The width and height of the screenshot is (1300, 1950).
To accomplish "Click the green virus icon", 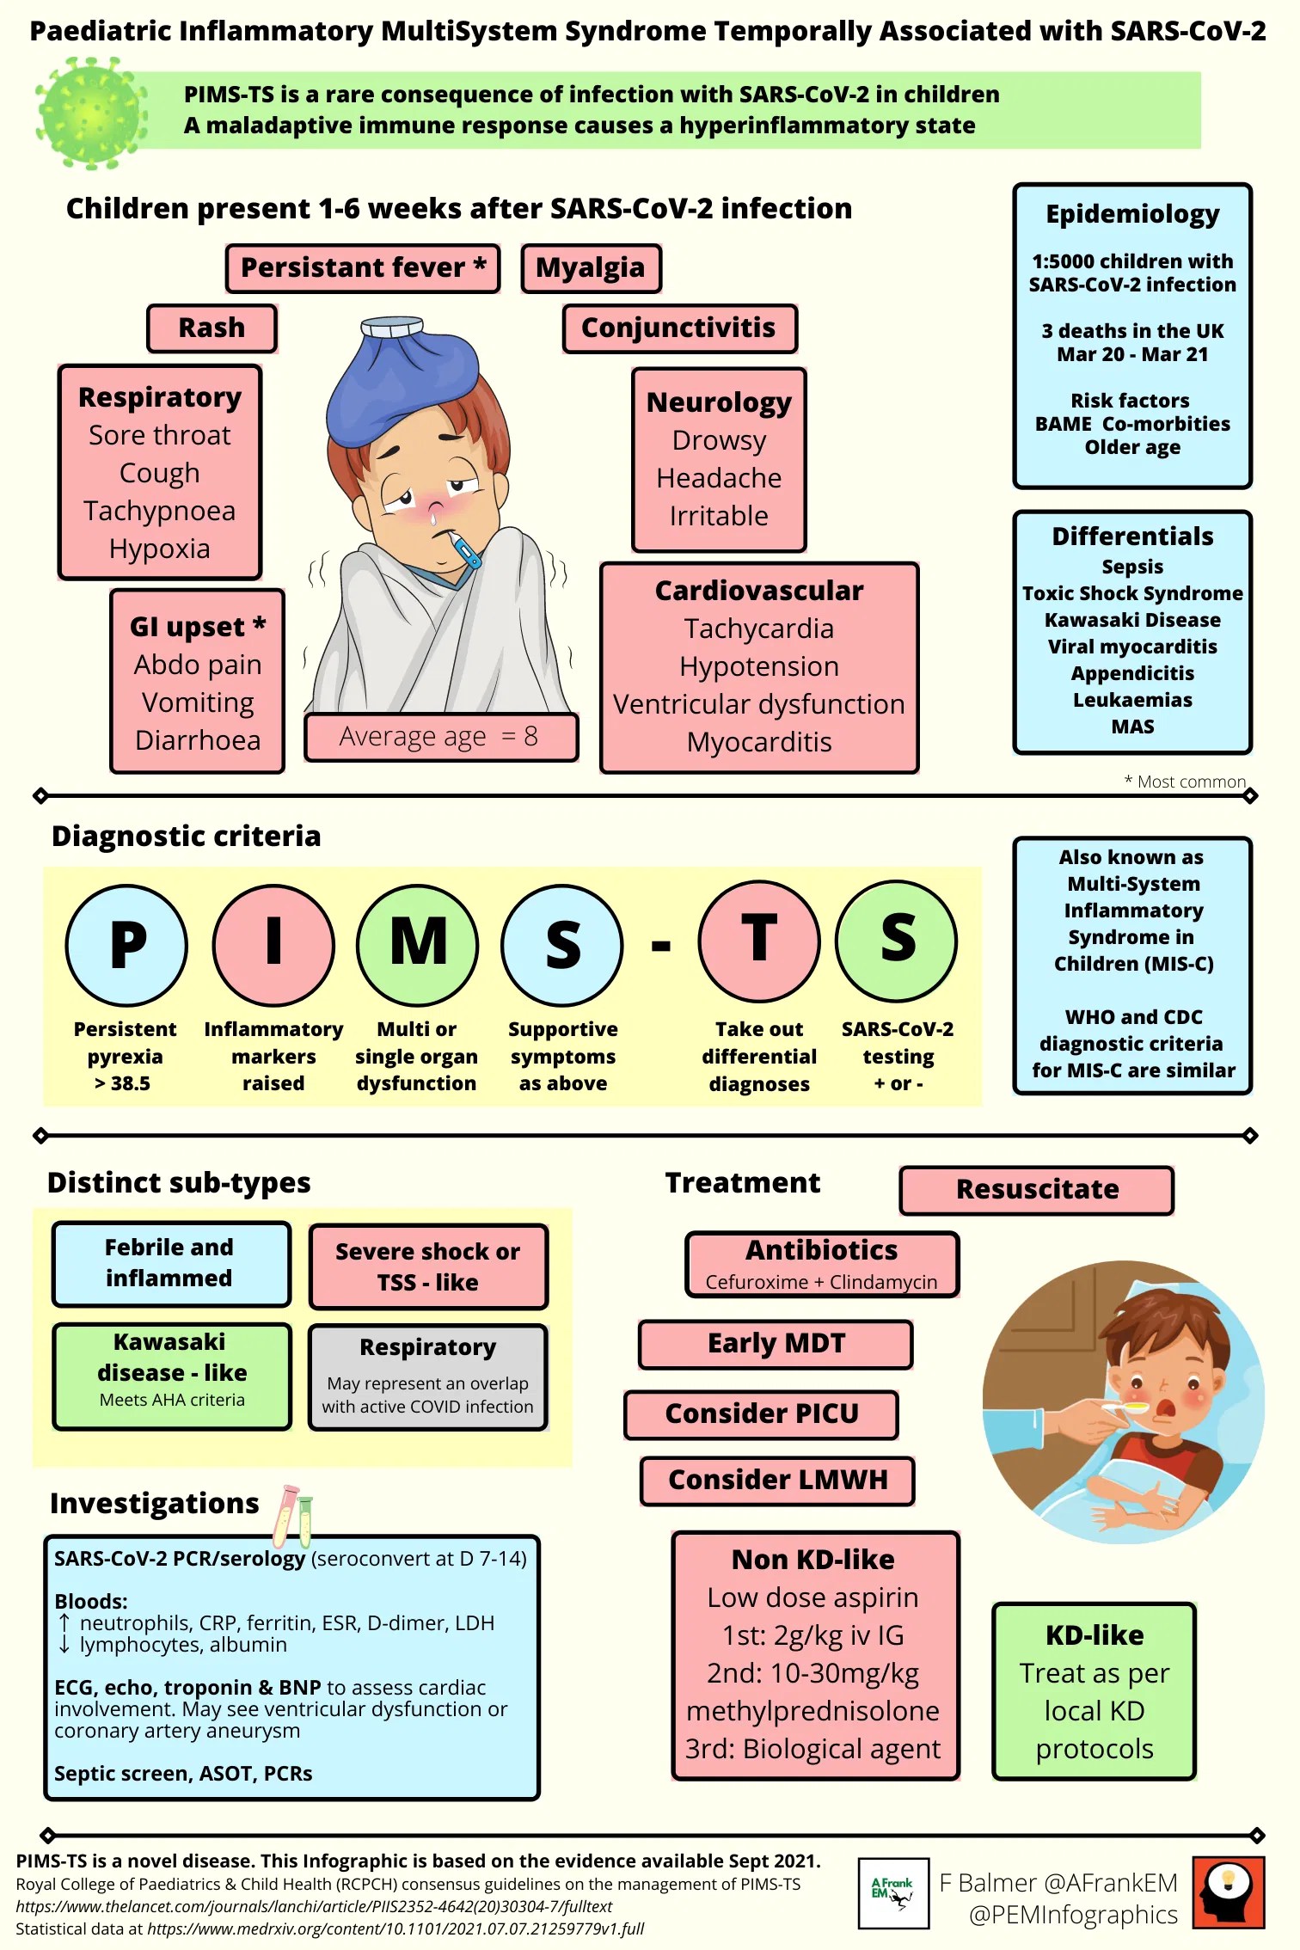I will (x=91, y=111).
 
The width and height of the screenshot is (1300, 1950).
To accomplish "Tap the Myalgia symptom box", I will (x=591, y=268).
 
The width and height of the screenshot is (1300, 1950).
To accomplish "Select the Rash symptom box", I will (x=212, y=328).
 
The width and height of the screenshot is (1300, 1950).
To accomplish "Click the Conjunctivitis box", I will (x=678, y=328).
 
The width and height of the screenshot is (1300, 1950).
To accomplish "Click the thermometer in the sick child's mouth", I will (x=463, y=550).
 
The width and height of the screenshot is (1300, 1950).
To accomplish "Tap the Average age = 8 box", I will (x=440, y=737).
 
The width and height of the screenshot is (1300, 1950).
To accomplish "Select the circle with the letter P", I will (x=126, y=944).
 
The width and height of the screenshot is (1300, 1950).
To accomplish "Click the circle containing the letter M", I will (x=417, y=944).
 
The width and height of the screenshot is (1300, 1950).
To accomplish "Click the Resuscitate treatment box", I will (x=1036, y=1190).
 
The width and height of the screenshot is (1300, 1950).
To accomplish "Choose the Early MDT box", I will (x=776, y=1344).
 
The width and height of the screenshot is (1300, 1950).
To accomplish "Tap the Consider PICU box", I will (x=762, y=1413).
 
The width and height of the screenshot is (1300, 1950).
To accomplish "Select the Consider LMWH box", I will (x=777, y=1480).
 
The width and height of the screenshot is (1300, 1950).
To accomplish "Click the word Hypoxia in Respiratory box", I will (x=160, y=549).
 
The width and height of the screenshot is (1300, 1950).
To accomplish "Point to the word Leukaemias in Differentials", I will (x=1132, y=700).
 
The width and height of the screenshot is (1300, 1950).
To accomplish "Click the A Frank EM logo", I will (x=893, y=1892).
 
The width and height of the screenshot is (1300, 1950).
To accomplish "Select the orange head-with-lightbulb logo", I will (x=1229, y=1892).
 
